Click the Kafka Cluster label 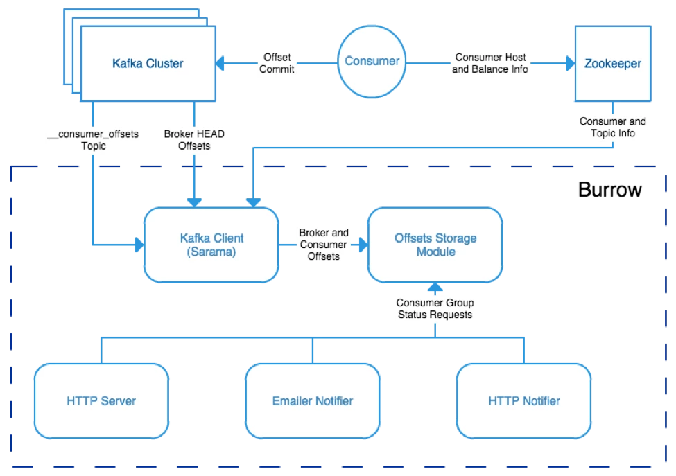tap(148, 63)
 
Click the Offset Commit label tap(277, 63)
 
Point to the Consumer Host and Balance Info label tap(490, 63)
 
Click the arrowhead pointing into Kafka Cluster tap(220, 63)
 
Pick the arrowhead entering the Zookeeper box tap(571, 63)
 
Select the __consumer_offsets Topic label tap(93, 140)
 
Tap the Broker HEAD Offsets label tap(194, 140)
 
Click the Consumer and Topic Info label tap(613, 127)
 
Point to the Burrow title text tap(609, 190)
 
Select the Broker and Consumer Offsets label tap(323, 245)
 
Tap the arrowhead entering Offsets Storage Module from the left tap(363, 245)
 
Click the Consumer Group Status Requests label tap(435, 308)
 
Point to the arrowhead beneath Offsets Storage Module tap(435, 287)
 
